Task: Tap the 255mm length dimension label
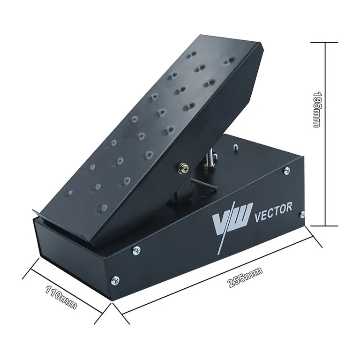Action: point(245,277)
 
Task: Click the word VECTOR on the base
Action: point(273,210)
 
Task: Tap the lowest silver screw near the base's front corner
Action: point(115,280)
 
